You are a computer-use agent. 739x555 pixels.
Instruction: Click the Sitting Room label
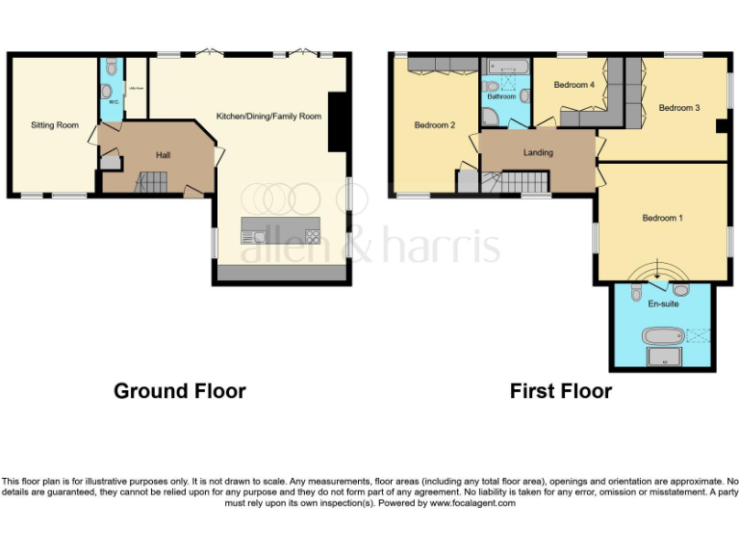pos(54,125)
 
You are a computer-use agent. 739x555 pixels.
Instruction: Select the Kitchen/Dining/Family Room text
pos(268,116)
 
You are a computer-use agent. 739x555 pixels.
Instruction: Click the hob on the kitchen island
pos(313,235)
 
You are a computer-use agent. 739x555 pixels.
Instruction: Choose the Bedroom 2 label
pos(434,125)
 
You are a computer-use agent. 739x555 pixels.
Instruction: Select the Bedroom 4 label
pos(574,85)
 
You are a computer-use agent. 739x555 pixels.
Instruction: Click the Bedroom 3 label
pos(679,108)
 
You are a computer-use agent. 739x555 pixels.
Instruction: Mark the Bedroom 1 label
pos(662,218)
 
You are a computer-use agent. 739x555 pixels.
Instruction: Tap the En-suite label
pos(661,304)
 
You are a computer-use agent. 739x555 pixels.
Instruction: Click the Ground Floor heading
pos(179,391)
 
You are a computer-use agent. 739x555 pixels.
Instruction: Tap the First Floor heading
pos(560,391)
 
